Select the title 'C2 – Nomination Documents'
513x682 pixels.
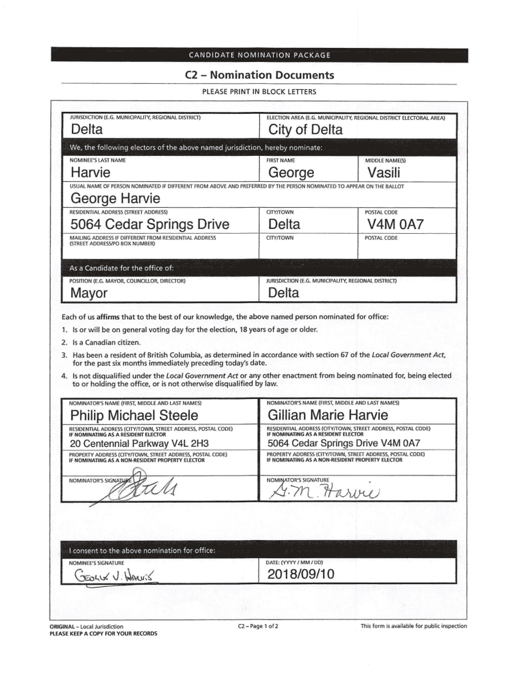(259, 75)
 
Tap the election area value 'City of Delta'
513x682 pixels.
(304, 130)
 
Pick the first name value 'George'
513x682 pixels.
(291, 174)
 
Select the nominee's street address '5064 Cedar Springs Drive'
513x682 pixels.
(150, 224)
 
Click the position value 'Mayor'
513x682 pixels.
(89, 293)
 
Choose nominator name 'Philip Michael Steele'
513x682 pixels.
(134, 416)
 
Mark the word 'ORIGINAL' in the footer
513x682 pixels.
(64, 626)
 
